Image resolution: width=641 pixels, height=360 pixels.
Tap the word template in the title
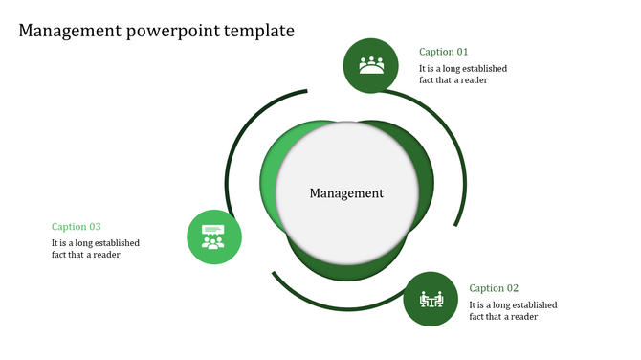258,31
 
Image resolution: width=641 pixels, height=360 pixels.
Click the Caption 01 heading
444,52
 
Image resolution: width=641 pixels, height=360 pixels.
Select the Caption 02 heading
494,287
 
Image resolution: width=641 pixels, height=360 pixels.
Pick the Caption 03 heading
76,227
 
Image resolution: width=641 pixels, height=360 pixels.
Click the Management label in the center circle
346,193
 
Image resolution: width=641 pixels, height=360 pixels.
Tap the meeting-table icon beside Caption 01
371,65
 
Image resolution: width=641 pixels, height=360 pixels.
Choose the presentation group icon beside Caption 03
213,236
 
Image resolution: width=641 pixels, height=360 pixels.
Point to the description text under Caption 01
463,75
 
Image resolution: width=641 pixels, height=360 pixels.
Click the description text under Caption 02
513,310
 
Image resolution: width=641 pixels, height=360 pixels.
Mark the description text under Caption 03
96,249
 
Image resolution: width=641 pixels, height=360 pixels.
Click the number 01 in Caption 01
461,52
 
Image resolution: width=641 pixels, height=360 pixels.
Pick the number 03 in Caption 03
94,227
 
